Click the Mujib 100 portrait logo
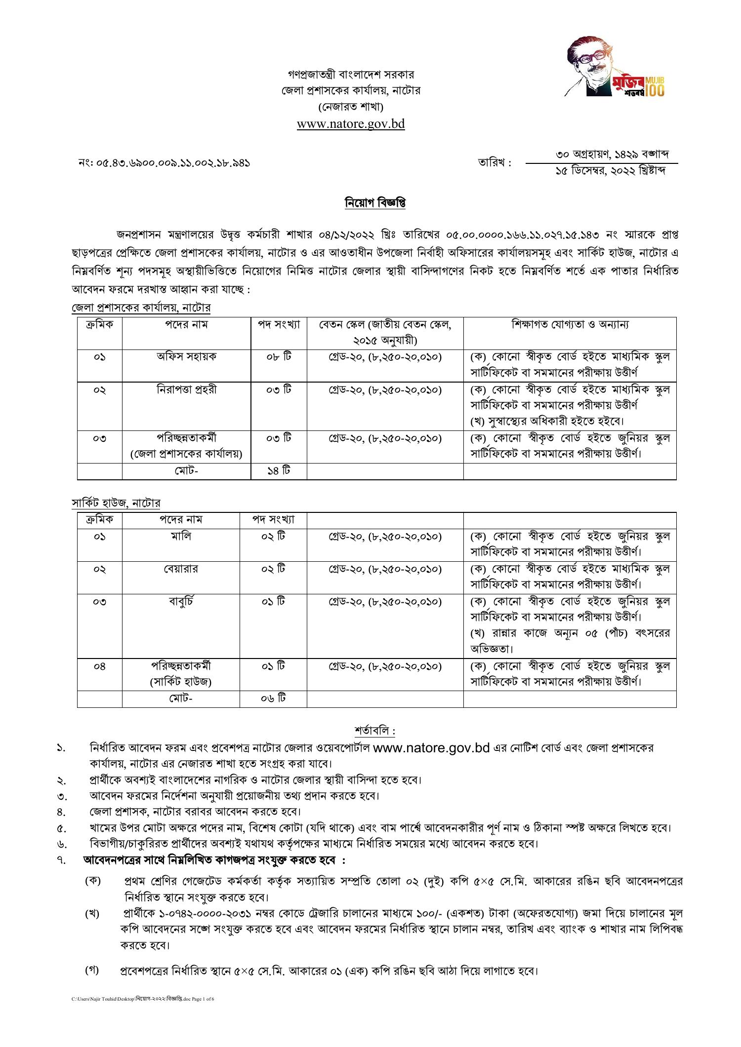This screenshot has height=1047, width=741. click(x=615, y=68)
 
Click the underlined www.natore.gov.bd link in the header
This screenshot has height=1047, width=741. click(x=351, y=123)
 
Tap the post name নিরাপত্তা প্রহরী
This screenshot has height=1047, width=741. click(x=186, y=389)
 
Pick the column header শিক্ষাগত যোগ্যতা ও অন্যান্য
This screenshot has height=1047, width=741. click(x=570, y=325)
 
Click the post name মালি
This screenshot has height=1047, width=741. click(x=181, y=536)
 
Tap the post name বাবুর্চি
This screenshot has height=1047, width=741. click(x=181, y=601)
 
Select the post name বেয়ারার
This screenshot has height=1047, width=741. click(x=181, y=569)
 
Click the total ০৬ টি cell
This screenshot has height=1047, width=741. click(x=273, y=698)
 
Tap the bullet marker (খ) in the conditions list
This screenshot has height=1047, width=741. click(x=92, y=914)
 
